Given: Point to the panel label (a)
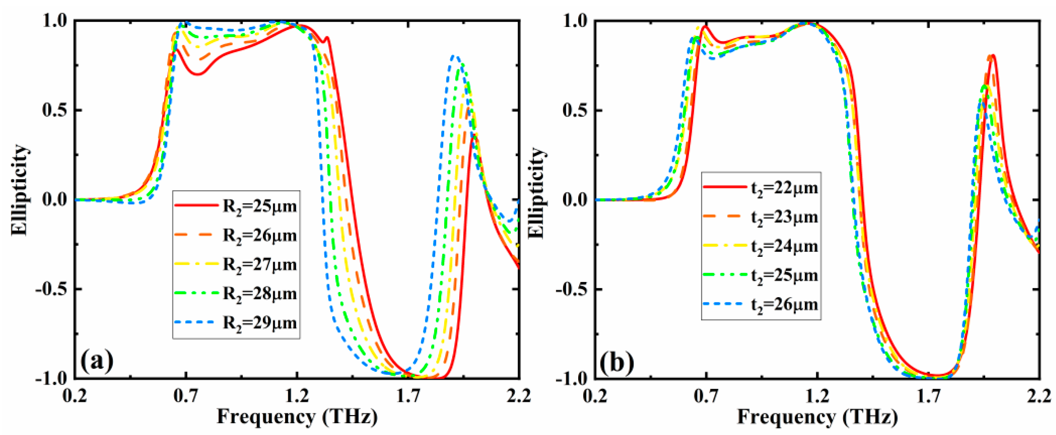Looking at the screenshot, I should tap(97, 361).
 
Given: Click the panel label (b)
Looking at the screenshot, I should tap(617, 361).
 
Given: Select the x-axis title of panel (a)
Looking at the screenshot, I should tap(297, 417).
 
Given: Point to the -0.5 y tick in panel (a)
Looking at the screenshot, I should tap(52, 289).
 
